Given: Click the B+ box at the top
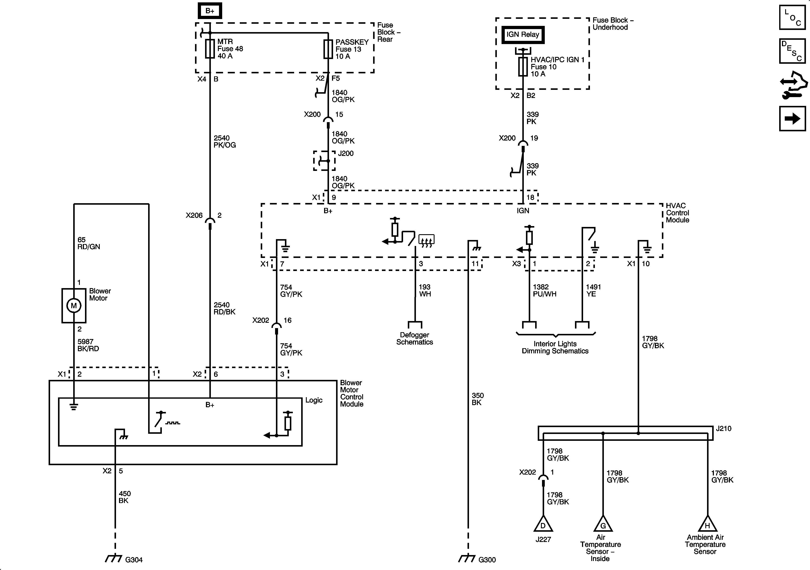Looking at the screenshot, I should (210, 11).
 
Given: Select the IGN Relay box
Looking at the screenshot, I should (523, 35).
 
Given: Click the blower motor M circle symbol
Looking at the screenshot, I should (74, 306).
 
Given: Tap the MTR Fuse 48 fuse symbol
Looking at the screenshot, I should (210, 49).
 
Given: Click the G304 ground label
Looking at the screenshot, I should (134, 560).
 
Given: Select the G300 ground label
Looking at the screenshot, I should (487, 560).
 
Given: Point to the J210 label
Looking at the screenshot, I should (724, 429).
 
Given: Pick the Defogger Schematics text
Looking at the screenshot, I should (414, 338).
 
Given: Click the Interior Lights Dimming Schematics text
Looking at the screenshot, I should (555, 347).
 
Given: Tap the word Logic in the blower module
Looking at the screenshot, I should (314, 400).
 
